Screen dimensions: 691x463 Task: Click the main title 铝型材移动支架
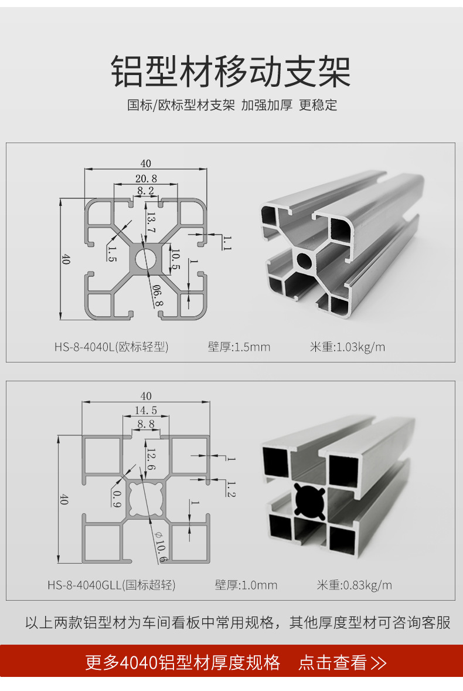coord(231,72)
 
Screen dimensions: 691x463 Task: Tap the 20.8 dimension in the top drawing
coord(146,178)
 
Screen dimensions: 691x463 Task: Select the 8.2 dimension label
coord(145,191)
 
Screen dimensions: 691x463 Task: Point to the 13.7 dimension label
coord(151,223)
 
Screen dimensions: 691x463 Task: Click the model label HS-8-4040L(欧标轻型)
coord(111,347)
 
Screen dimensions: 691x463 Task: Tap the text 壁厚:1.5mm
coord(239,347)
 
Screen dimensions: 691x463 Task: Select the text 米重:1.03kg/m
coord(348,347)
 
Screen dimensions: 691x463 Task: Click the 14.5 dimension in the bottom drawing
coord(146,410)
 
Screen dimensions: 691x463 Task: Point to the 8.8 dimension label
coord(146,424)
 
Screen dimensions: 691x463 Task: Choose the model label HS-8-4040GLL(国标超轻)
coord(111,585)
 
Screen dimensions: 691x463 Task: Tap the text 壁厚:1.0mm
coord(246,585)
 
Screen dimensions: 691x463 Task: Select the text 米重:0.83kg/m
coord(355,585)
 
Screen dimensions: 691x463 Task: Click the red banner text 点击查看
coord(332,662)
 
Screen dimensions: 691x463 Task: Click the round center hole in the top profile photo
coord(305,260)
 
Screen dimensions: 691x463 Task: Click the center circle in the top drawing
coord(145,258)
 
